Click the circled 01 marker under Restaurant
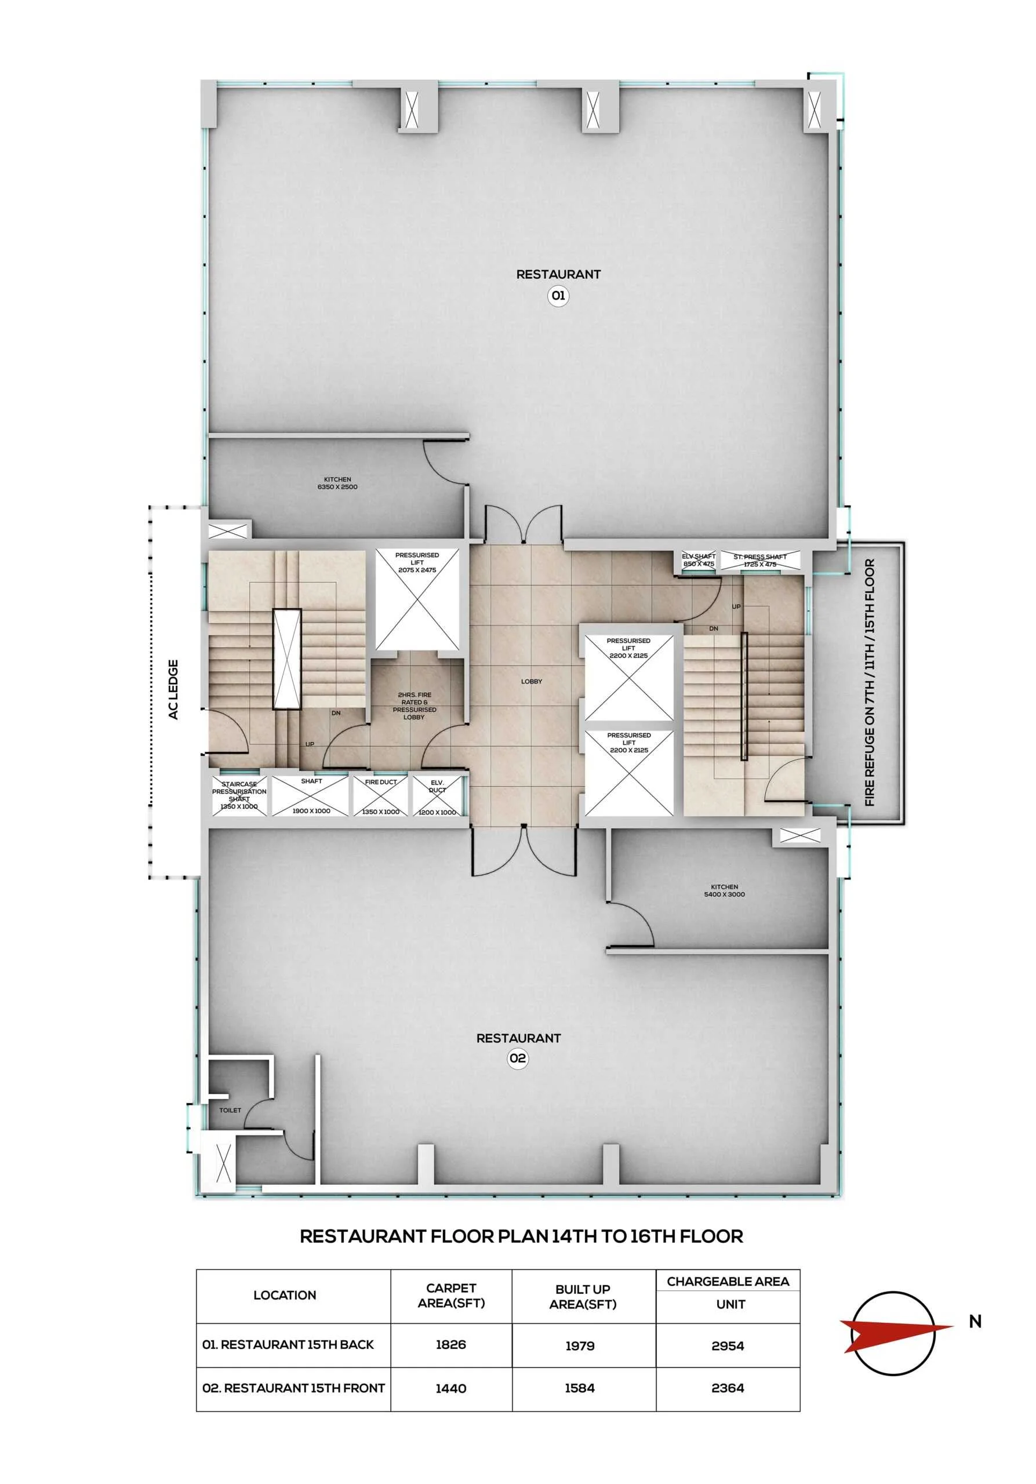pyautogui.click(x=558, y=296)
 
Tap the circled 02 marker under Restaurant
pyautogui.click(x=517, y=1058)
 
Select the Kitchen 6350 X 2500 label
pyautogui.click(x=337, y=483)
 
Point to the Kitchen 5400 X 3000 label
pyautogui.click(x=724, y=890)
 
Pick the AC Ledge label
pyautogui.click(x=173, y=689)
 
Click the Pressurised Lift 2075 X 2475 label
pyautogui.click(x=417, y=562)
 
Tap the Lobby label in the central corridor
pyautogui.click(x=532, y=681)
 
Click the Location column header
pyautogui.click(x=285, y=1294)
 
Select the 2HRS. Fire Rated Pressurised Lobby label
pyautogui.click(x=415, y=706)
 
